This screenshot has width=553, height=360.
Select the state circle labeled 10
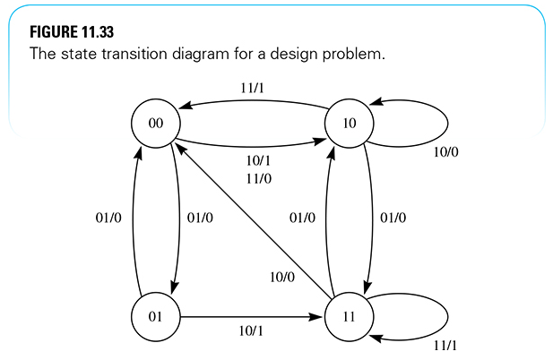(350, 124)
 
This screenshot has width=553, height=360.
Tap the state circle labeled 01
(156, 317)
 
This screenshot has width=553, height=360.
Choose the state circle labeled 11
(350, 317)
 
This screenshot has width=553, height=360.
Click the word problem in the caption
(356, 55)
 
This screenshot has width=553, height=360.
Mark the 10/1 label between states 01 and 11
(251, 332)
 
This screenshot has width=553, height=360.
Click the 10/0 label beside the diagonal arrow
(281, 277)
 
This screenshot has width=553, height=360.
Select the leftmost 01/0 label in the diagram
(108, 218)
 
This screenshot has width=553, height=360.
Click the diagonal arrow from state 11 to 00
(251, 219)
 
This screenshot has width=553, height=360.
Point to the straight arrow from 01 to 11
(251, 317)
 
